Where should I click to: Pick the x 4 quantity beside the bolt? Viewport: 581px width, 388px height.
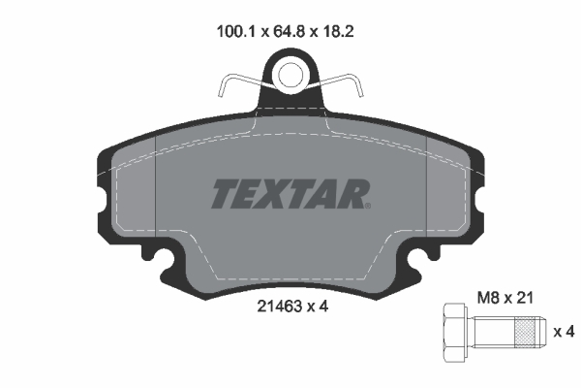click(x=564, y=333)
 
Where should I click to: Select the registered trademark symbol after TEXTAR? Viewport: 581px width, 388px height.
click(x=367, y=205)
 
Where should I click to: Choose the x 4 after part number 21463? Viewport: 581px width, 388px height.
click(x=319, y=308)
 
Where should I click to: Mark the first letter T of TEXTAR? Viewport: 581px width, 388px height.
click(x=222, y=194)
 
